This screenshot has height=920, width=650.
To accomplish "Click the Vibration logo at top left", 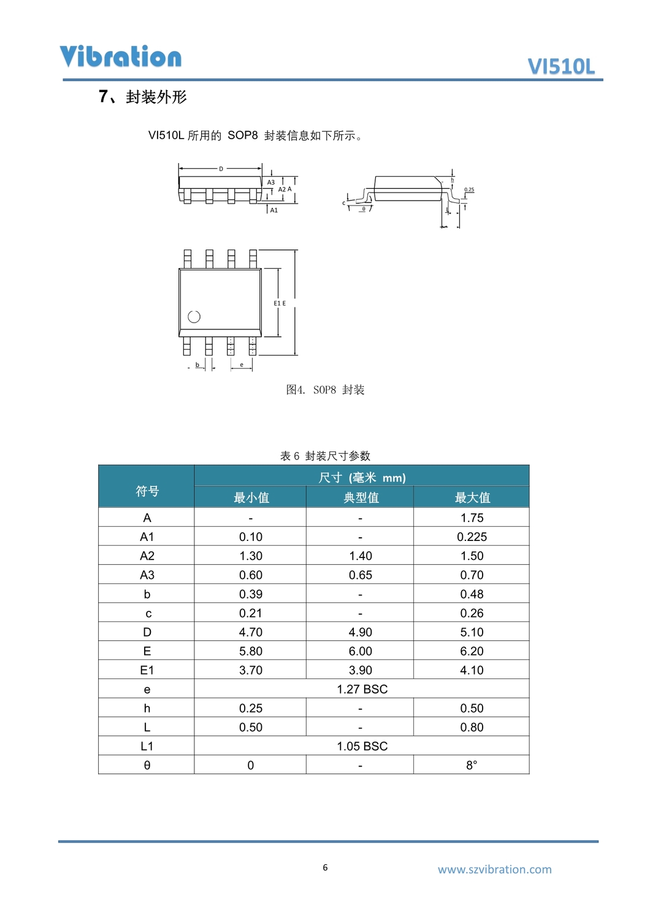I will pyautogui.click(x=120, y=56).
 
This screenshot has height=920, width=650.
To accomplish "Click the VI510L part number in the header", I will pyautogui.click(x=561, y=66).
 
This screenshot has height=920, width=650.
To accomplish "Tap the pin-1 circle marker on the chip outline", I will pyautogui.click(x=194, y=316).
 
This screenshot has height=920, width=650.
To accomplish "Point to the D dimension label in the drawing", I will pyautogui.click(x=221, y=169).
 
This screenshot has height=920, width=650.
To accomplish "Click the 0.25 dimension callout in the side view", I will pyautogui.click(x=469, y=190).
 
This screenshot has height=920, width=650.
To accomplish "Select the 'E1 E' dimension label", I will pyautogui.click(x=280, y=303).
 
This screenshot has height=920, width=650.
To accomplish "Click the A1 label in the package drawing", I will pyautogui.click(x=274, y=210).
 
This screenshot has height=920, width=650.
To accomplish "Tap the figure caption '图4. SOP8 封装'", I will pyautogui.click(x=325, y=390).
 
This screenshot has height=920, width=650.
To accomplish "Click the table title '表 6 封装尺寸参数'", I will pyautogui.click(x=325, y=456).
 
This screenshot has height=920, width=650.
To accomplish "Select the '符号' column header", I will pyautogui.click(x=147, y=491).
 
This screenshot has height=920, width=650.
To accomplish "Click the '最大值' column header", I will pyautogui.click(x=472, y=497).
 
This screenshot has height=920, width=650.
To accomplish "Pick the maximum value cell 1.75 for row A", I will pyautogui.click(x=472, y=518).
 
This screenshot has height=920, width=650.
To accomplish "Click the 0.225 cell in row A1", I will pyautogui.click(x=472, y=537).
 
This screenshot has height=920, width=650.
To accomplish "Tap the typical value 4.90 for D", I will pyautogui.click(x=361, y=632).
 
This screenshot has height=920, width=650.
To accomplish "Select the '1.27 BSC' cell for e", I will pyautogui.click(x=362, y=689).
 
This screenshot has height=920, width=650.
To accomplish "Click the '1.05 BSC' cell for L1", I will pyautogui.click(x=362, y=746).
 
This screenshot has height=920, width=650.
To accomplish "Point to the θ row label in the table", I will pyautogui.click(x=147, y=765).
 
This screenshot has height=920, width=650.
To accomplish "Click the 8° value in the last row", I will pyautogui.click(x=471, y=765).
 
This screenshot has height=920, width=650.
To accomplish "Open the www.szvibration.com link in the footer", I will pyautogui.click(x=494, y=869).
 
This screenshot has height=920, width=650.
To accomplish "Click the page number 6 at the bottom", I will pyautogui.click(x=325, y=867).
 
